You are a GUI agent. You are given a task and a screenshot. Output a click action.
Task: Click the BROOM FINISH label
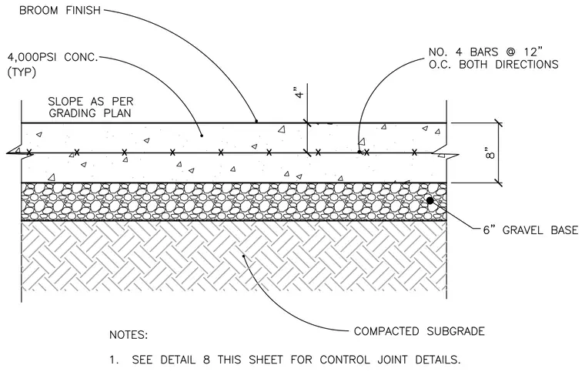pos(60,10)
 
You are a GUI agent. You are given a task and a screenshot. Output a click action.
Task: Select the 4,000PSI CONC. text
pos(52,57)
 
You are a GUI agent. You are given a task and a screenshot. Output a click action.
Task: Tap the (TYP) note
pos(22,72)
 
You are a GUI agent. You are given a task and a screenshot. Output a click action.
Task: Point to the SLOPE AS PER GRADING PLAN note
pos(91,107)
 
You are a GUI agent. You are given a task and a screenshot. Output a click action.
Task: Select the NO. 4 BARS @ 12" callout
pos(485,52)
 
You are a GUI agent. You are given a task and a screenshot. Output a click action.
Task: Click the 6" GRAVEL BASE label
pos(530,230)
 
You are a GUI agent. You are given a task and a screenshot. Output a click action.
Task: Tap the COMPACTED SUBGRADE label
pos(420,331)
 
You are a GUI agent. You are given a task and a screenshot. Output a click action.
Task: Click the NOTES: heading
pos(129,335)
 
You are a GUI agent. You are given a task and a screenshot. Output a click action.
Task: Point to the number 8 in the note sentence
pos(206,360)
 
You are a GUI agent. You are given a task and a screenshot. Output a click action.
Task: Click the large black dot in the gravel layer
pos(430,200)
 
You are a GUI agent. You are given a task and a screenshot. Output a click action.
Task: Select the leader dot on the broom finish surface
pos(256,121)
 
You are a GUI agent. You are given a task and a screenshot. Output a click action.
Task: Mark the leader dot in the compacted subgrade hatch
pos(244,256)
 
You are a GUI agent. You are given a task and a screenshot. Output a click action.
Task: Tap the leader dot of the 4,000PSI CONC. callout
pos(202,136)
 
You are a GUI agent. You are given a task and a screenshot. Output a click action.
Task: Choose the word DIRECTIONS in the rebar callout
pos(526,65)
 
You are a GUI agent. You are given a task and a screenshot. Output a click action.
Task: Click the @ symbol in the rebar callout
pos(512,52)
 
